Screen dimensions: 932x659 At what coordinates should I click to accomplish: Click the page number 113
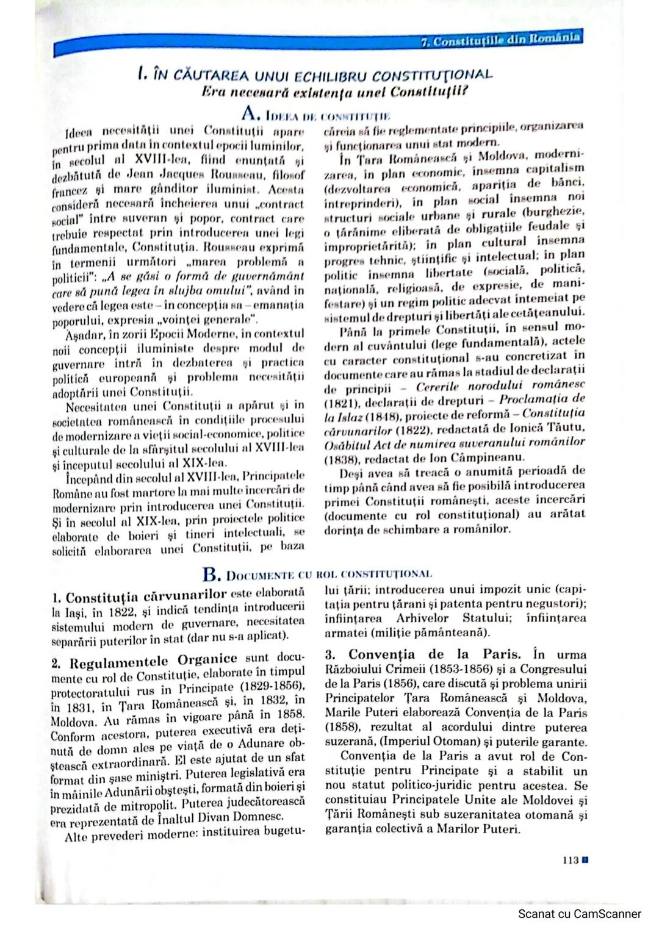[570, 861]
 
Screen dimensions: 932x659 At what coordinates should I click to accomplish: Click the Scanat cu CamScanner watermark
[580, 914]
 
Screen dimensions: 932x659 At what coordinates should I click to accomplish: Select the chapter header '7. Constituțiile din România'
[500, 38]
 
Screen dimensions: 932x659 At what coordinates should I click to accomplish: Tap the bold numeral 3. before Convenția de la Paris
[330, 655]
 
